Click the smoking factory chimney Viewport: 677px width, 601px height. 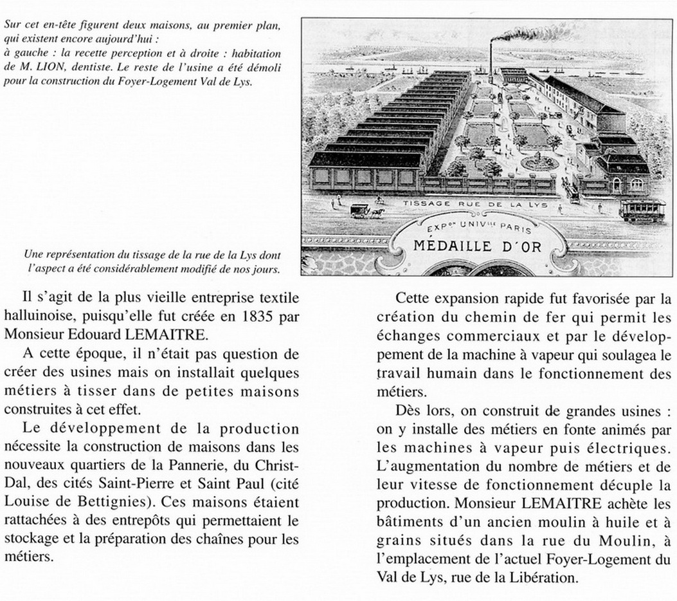[493, 61]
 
